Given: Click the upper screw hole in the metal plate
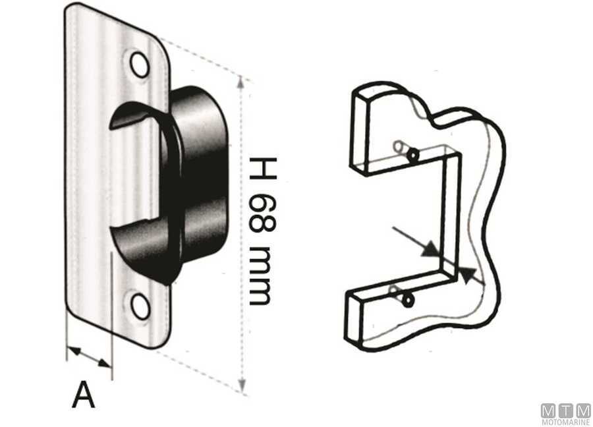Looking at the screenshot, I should (140, 64).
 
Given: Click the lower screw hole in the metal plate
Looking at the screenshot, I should (140, 306).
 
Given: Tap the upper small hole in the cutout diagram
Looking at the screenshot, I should (412, 155).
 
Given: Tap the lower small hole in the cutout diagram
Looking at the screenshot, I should (408, 300).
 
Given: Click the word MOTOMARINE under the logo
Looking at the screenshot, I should (565, 422).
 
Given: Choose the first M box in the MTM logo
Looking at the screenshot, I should (549, 410).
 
